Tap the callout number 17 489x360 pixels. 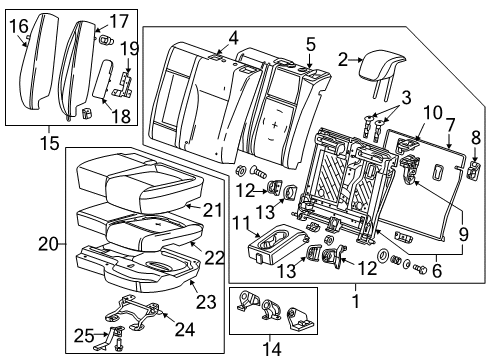(119, 20)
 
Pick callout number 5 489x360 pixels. (311, 43)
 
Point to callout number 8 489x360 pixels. (476, 135)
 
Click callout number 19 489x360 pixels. (129, 47)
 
